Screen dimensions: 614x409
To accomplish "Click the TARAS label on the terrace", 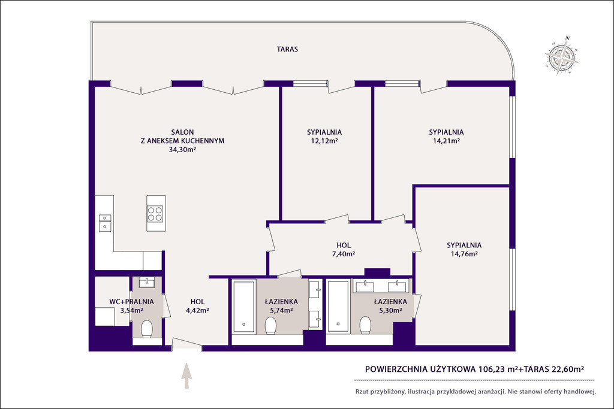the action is tap(287, 49).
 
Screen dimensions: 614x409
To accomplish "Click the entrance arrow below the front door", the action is tap(187, 375).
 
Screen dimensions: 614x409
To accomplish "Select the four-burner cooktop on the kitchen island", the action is tap(155, 214).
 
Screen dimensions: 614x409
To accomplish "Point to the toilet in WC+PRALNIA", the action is tap(147, 329).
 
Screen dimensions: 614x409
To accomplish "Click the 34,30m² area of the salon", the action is tap(182, 149).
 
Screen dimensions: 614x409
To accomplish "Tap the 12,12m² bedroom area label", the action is tap(324, 141).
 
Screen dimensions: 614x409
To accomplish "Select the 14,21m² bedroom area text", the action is tap(446, 141).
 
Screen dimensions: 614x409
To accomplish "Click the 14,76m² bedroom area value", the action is tap(464, 254).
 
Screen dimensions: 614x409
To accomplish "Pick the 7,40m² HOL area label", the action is tap(344, 254).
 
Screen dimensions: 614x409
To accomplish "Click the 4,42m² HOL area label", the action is tap(197, 310).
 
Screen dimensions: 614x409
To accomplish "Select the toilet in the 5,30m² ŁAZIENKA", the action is tap(365, 325).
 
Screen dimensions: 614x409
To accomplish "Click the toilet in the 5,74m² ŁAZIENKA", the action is tap(270, 325).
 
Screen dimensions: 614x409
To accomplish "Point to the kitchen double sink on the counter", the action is tap(104, 222).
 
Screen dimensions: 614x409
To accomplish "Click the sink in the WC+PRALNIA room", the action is tap(147, 282).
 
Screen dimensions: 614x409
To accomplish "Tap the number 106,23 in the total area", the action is tap(492, 369).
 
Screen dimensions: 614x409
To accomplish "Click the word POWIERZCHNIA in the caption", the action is tap(396, 369).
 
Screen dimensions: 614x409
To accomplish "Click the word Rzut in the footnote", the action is tap(362, 392).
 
